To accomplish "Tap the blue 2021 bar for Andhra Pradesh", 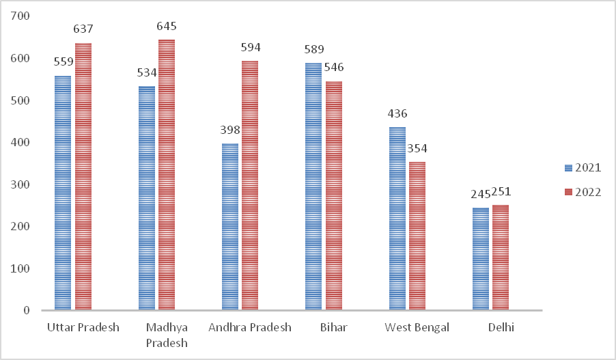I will pos(230,227).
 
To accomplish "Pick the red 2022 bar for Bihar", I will pos(333,196).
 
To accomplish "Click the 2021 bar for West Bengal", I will pos(397,219).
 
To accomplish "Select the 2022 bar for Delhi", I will pos(501,258).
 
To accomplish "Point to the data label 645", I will pos(167,27).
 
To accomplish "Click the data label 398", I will pos(230,130).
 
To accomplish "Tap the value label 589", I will pos(313,49).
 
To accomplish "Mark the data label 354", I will pos(417,148).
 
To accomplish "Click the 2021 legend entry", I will pos(583,168).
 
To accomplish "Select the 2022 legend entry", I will pos(583,192).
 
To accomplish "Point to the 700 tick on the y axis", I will pos(21,16).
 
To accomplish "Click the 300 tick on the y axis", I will pos(21,184).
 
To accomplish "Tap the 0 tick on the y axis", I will pos(27,311).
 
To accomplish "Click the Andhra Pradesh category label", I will pos(250,327).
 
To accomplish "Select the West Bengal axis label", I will pos(417,327).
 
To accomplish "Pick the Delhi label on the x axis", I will pos(501,327).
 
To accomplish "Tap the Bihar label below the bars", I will pos(333,327).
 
